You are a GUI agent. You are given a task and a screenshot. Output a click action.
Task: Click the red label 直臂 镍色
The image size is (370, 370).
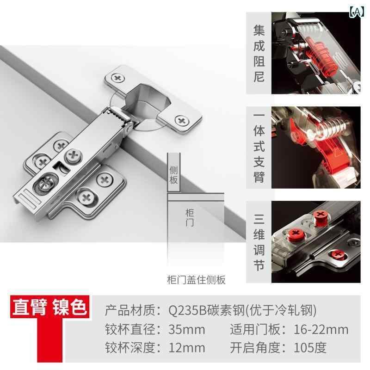(x=49, y=307)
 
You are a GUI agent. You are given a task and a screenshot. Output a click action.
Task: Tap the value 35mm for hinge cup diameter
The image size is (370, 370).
(x=187, y=329)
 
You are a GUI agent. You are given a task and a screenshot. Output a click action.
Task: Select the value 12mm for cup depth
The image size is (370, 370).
(x=187, y=348)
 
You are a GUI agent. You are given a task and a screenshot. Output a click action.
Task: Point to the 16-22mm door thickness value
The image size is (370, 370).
(x=321, y=329)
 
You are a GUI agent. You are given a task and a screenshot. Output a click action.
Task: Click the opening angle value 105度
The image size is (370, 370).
(x=310, y=348)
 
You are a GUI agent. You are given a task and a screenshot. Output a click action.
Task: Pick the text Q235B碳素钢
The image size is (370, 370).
(x=206, y=310)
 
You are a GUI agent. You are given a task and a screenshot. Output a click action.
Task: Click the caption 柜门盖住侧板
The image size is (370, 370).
(x=196, y=280)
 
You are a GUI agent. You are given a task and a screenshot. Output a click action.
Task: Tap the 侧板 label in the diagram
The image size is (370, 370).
(x=174, y=175)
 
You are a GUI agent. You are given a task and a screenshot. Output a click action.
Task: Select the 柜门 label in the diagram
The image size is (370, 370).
(x=190, y=217)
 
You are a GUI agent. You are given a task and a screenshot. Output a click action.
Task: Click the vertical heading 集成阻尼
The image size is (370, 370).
(x=259, y=53)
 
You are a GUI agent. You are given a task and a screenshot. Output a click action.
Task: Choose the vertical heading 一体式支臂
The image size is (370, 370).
(x=259, y=148)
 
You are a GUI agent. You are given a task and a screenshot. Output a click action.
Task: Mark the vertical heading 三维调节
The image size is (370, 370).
(x=259, y=242)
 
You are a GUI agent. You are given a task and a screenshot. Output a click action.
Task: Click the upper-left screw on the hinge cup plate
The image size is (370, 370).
(x=118, y=78)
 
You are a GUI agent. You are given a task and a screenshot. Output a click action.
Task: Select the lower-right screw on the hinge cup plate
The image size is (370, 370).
(x=182, y=121)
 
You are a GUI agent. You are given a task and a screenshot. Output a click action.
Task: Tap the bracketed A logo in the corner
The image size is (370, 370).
(x=357, y=11)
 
